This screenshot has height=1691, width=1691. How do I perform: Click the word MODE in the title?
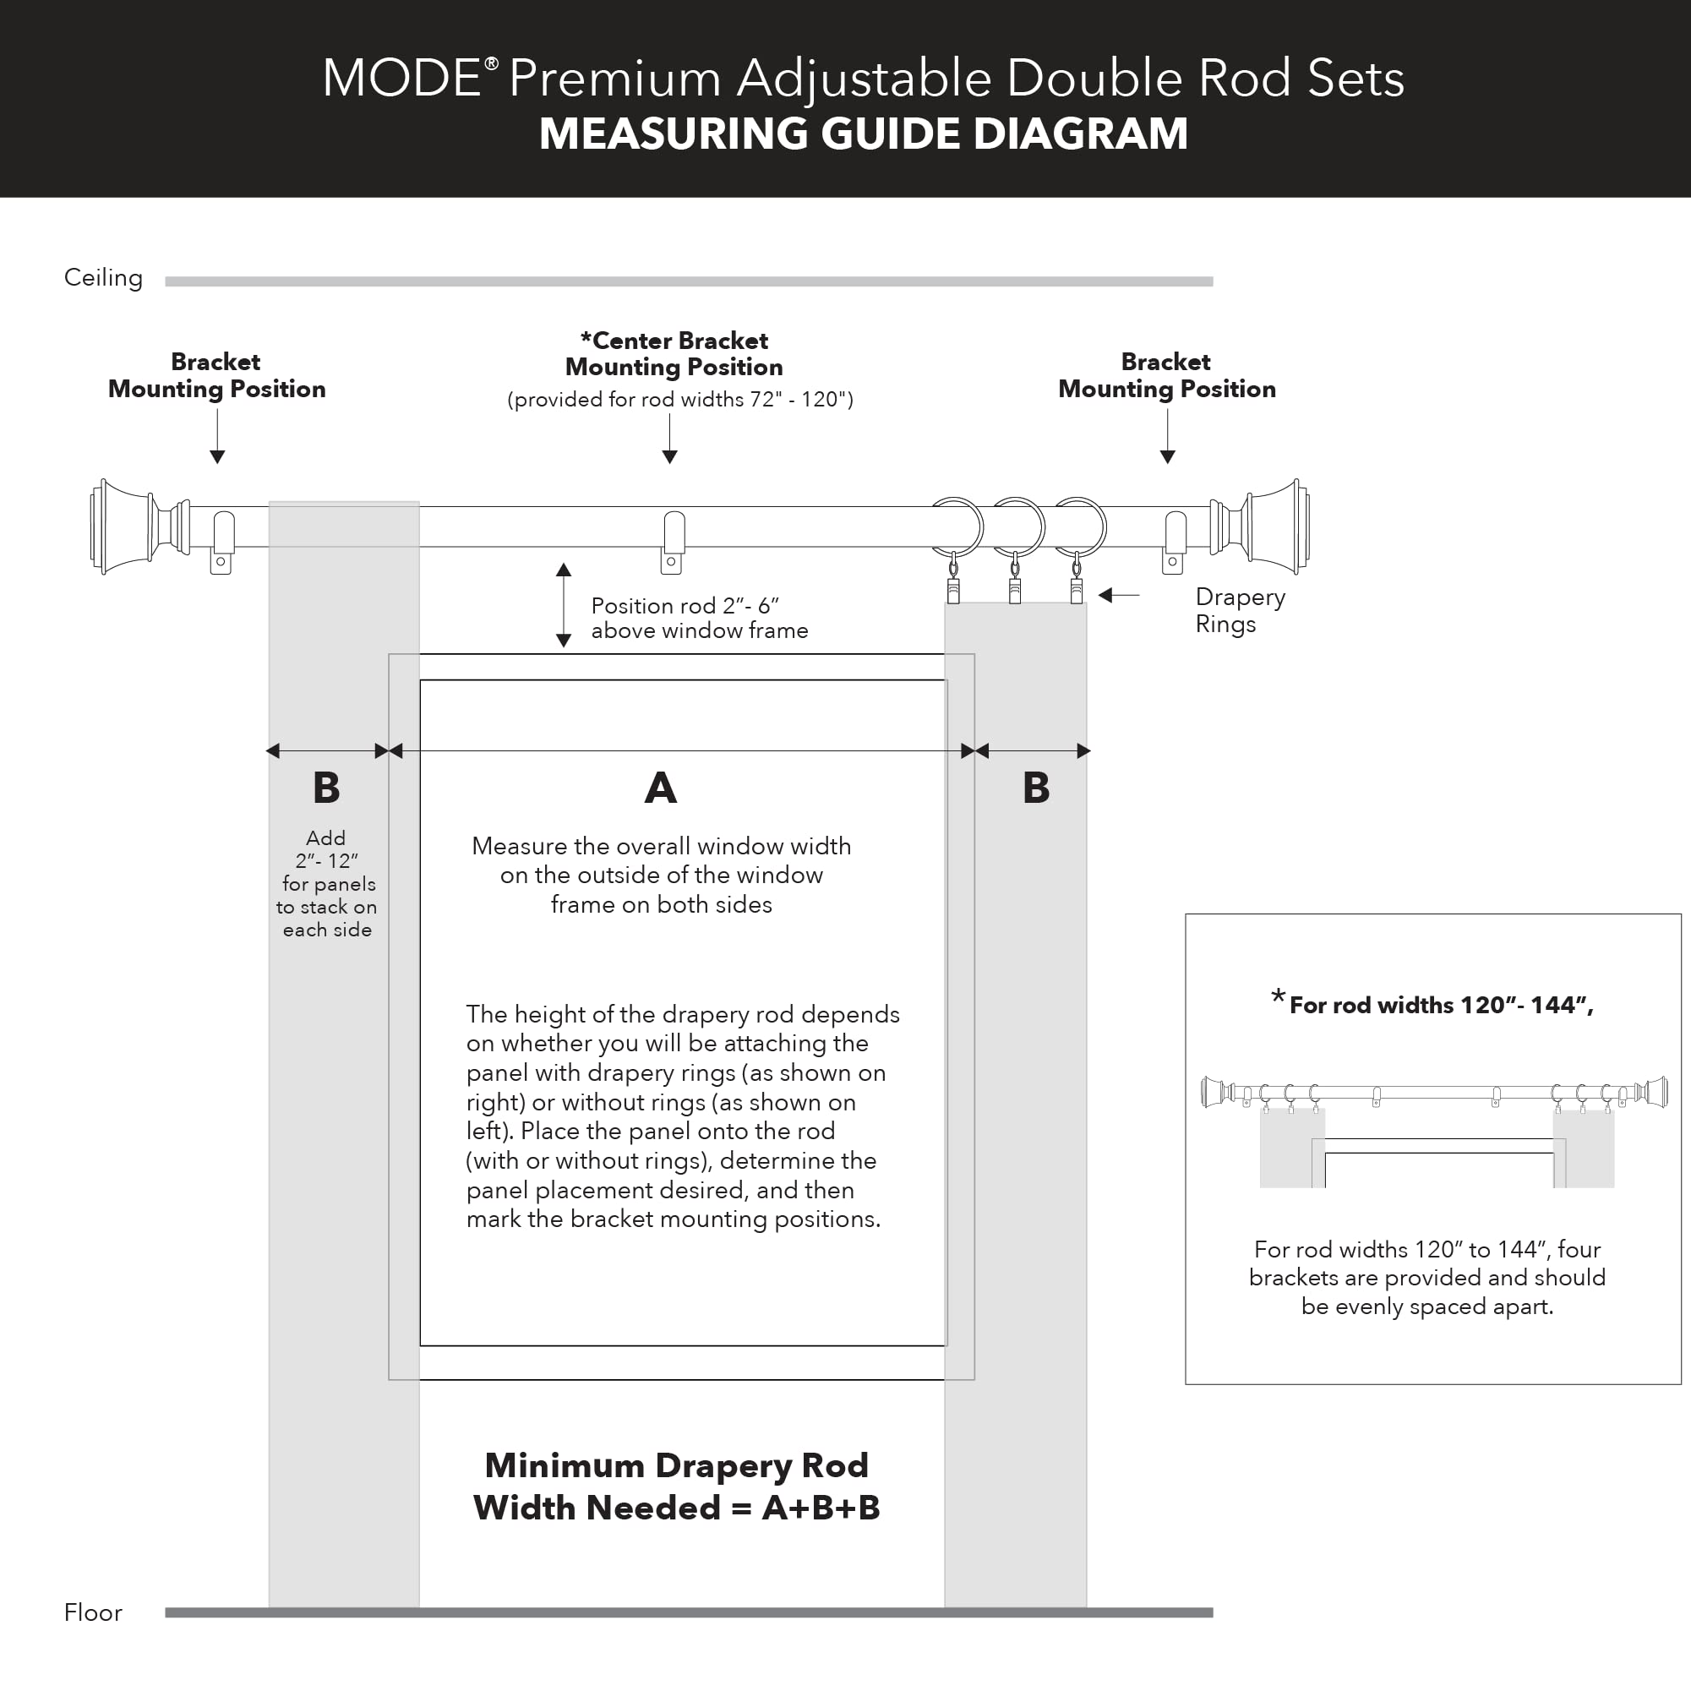401,78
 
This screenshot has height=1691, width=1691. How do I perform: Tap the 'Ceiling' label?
103,277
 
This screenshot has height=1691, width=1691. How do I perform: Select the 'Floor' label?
93,1612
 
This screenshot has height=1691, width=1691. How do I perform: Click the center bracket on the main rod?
672,542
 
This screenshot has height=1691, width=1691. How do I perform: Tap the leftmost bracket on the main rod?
222,542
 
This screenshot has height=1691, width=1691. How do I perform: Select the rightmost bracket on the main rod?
1174,542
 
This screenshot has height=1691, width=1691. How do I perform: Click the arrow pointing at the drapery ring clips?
1119,595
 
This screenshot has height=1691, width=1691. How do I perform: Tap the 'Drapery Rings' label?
1240,610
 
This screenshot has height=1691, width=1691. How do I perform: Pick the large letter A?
661,788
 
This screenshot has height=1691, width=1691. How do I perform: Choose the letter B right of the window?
1036,788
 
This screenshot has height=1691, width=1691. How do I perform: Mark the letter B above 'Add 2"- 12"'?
326,788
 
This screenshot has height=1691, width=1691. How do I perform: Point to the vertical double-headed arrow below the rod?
564,605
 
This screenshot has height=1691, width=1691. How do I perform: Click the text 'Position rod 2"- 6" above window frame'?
698,618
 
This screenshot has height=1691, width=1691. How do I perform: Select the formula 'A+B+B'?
820,1508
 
